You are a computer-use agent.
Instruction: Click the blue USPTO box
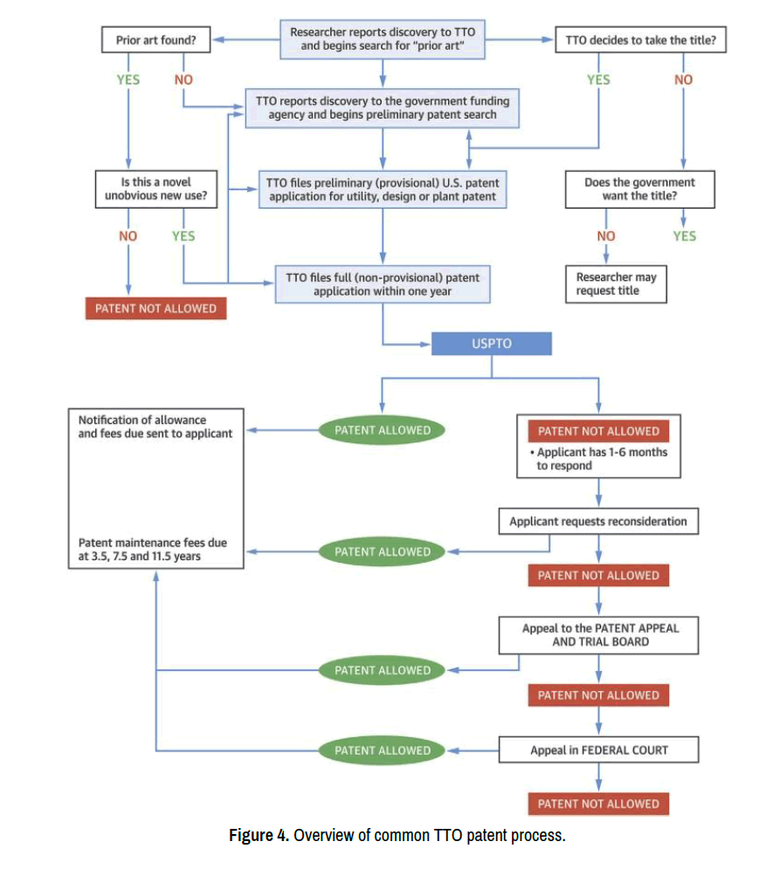492,344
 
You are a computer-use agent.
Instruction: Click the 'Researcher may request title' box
615,284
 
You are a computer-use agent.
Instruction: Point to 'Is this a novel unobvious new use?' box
155,189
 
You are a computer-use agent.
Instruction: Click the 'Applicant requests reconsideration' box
598,522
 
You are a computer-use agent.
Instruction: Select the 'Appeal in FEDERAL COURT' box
598,750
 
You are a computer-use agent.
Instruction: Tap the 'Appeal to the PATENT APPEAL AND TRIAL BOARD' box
599,634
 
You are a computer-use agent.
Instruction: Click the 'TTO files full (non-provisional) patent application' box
383,284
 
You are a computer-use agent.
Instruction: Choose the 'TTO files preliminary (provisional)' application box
383,189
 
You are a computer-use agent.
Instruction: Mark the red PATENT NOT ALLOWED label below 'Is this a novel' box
155,308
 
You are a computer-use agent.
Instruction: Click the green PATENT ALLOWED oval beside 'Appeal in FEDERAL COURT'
383,750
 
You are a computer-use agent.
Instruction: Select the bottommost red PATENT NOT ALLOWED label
598,804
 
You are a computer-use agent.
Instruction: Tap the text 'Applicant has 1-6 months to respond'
598,459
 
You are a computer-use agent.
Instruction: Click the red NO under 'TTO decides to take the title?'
683,79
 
